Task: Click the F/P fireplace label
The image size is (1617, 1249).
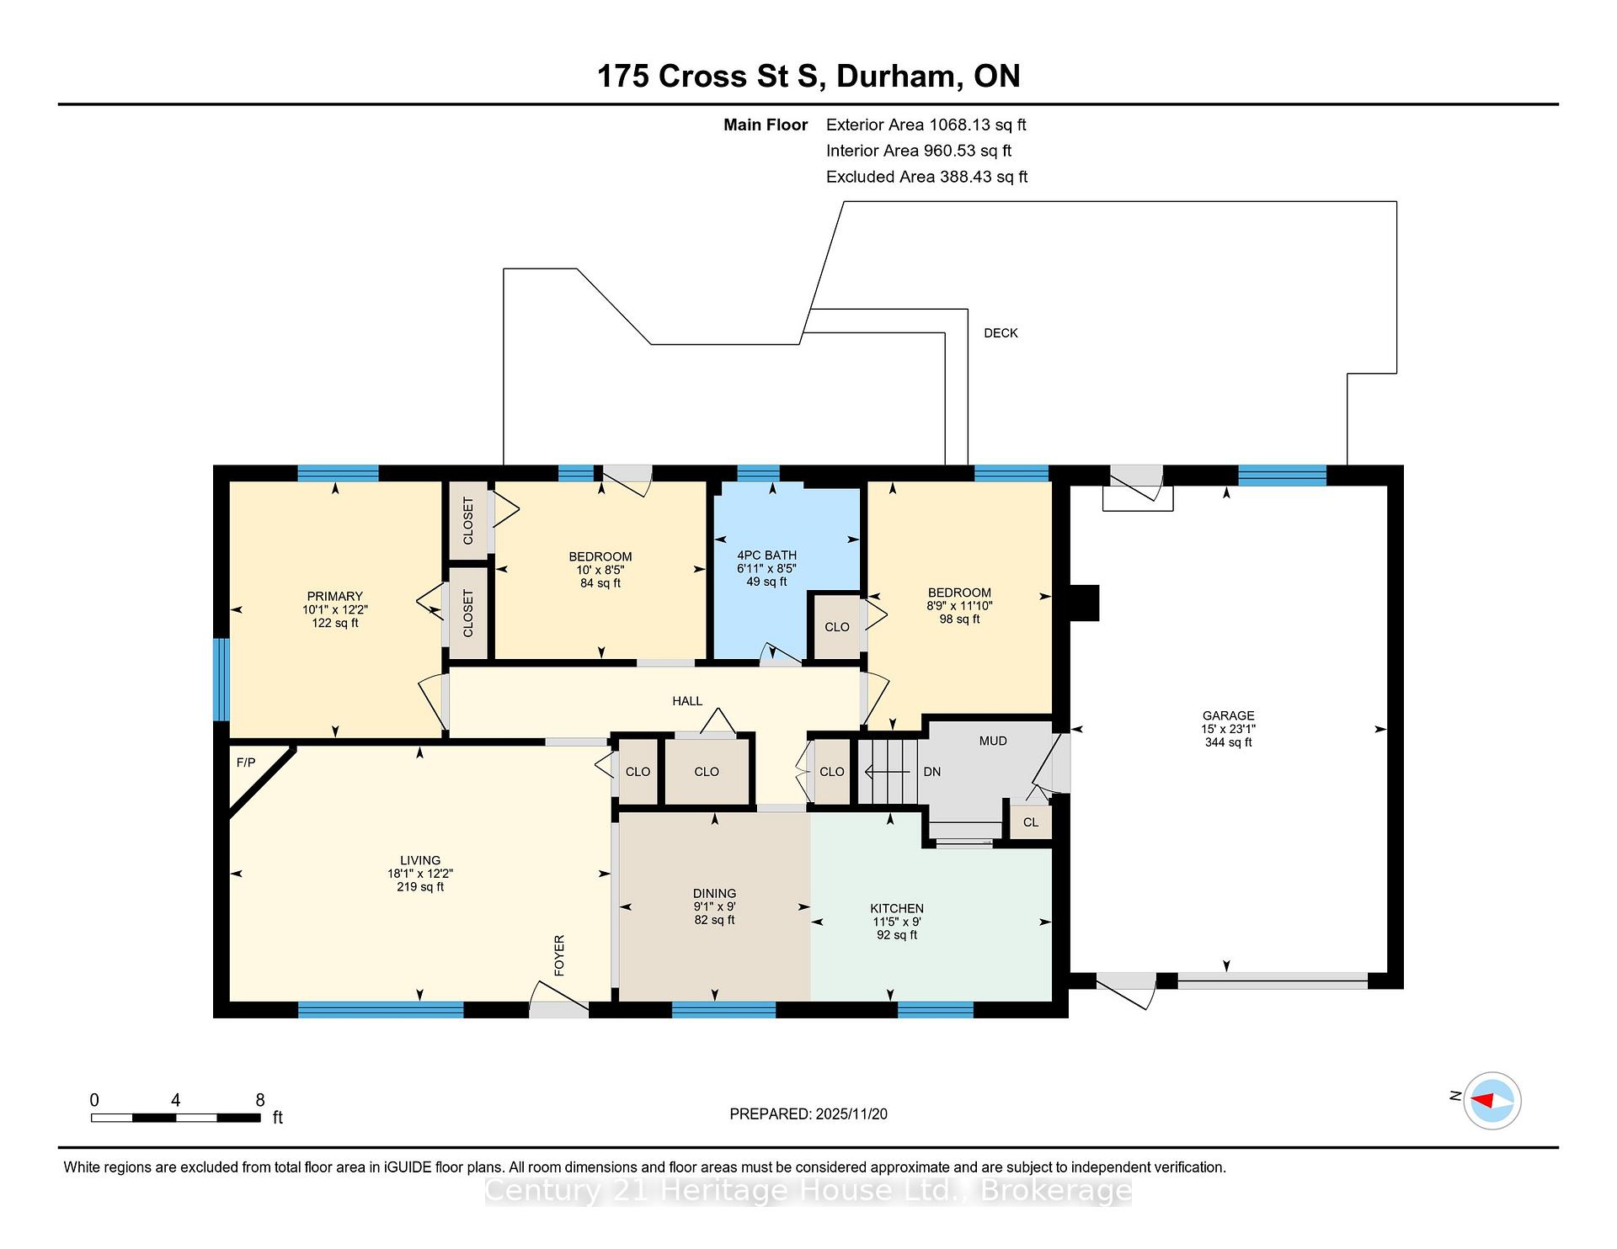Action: (x=246, y=763)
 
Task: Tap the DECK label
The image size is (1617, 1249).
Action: (x=1001, y=333)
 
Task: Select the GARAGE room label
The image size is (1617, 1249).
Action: (x=1228, y=715)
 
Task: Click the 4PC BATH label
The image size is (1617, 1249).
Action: (x=766, y=555)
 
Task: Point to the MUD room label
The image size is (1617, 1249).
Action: (x=993, y=741)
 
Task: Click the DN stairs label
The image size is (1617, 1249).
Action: (x=931, y=772)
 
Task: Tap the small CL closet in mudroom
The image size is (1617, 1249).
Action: (x=1031, y=822)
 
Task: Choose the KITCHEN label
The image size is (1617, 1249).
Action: (x=897, y=908)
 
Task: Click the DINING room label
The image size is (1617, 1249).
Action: (x=714, y=893)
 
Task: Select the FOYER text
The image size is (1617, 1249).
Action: (x=559, y=955)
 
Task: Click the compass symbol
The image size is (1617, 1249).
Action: (x=1492, y=1100)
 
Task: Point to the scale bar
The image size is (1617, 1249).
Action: (x=175, y=1118)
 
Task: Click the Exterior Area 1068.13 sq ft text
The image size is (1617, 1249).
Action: (x=926, y=125)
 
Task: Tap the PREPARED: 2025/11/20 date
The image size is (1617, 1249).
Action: (x=808, y=1113)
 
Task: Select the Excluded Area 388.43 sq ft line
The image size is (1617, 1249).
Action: (x=927, y=177)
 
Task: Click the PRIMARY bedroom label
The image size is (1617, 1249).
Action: (x=335, y=596)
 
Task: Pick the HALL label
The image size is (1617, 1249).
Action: (x=687, y=700)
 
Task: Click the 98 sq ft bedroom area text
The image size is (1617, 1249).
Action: (x=959, y=619)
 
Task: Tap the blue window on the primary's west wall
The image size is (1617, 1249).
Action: (x=221, y=679)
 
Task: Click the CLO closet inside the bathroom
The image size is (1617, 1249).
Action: (x=837, y=627)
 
